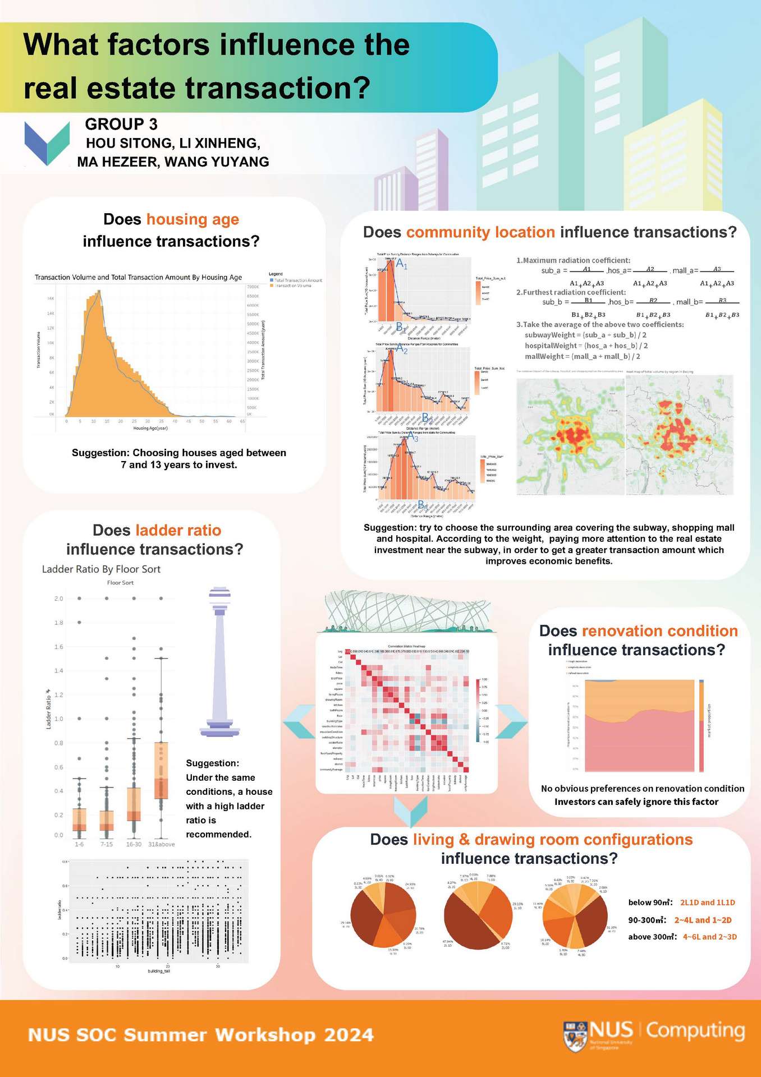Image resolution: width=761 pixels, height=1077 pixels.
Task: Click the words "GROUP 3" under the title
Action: click(121, 124)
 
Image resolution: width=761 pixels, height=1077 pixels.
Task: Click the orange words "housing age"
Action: click(192, 219)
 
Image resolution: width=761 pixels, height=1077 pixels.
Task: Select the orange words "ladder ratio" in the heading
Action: click(178, 531)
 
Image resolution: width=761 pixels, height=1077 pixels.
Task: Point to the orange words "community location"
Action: click(481, 232)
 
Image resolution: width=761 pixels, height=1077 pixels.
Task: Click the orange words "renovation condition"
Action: click(660, 631)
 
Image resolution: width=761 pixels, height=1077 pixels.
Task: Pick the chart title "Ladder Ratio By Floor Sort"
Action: click(101, 569)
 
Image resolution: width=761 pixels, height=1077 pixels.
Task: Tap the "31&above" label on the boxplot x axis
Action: click(161, 844)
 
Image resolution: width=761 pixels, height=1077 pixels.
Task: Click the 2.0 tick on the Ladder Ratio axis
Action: click(59, 599)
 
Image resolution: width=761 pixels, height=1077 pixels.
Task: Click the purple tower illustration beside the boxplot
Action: click(219, 662)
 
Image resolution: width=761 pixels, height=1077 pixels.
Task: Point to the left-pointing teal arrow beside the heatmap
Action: click(298, 721)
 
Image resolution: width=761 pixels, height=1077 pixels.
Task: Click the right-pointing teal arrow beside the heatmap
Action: click(511, 721)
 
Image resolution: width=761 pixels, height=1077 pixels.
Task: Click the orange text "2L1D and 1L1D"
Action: click(707, 903)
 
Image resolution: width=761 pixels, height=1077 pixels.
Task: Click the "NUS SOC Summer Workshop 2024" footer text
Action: click(201, 1035)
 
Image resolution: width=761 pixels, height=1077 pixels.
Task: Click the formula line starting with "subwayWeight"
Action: click(585, 335)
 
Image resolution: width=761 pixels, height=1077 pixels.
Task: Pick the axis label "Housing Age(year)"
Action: click(150, 428)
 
